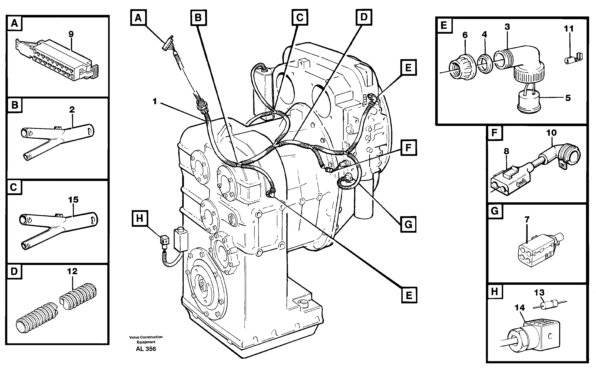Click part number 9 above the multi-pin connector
pos(71,34)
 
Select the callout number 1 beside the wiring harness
pos(155,101)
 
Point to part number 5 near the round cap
pos(568,98)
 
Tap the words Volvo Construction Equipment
pos(146,339)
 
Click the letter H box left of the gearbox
pos(139,218)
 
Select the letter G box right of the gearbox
pos(408,224)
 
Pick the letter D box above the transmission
pos(364,17)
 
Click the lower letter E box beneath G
pos(409,295)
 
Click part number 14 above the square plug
pos(519,308)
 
